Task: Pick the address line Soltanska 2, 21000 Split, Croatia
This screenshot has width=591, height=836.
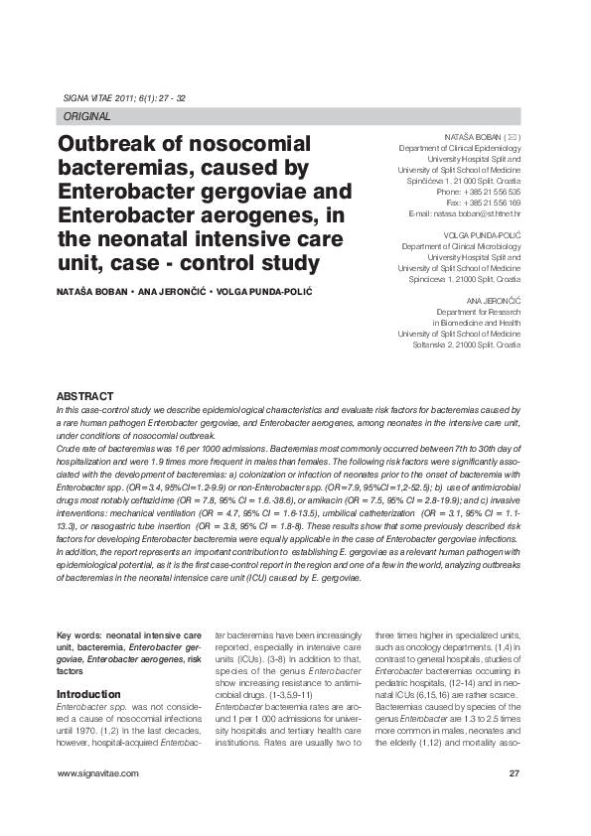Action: (x=467, y=345)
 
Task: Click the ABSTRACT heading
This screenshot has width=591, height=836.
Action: (x=84, y=396)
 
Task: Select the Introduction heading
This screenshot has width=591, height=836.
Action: (x=89, y=693)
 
